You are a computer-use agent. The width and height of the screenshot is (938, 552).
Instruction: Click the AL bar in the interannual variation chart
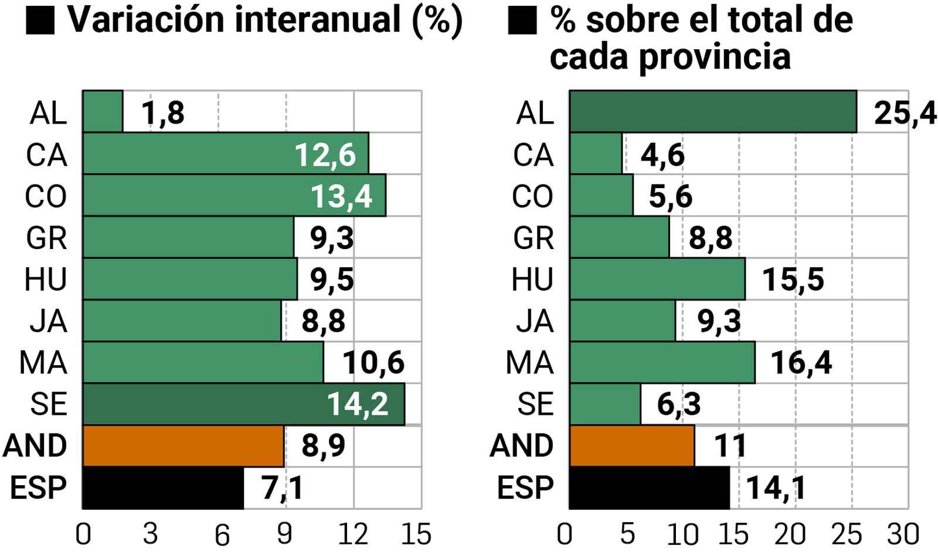(103, 111)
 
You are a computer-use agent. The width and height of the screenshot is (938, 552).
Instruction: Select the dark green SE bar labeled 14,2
(243, 404)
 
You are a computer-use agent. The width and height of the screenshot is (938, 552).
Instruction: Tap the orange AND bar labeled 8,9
(183, 446)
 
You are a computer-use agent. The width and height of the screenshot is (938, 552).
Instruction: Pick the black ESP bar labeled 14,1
(650, 488)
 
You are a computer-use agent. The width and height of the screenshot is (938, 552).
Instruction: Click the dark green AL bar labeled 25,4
(713, 111)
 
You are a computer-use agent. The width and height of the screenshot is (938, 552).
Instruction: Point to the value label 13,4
(341, 196)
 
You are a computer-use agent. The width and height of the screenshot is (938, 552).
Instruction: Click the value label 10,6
(373, 363)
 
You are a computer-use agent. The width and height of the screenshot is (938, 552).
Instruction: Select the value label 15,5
(793, 280)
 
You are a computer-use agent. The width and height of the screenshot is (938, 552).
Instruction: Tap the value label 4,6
(662, 155)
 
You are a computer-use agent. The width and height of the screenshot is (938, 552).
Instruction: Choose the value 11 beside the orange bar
(730, 446)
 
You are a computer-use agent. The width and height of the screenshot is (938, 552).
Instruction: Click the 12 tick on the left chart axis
(353, 534)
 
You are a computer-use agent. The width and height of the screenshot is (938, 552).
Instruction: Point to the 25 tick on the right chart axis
(847, 534)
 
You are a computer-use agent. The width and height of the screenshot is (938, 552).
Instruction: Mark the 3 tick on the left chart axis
(150, 534)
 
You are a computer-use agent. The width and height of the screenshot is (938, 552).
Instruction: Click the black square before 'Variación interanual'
(40, 21)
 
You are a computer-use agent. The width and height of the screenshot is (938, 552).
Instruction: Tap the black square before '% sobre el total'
(522, 21)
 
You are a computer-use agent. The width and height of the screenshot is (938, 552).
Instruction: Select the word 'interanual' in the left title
(318, 19)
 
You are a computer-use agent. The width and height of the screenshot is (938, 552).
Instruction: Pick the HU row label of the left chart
(46, 280)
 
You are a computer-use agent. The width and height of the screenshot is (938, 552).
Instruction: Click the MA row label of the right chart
(529, 363)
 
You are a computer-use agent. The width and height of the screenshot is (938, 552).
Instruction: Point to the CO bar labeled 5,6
(601, 196)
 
